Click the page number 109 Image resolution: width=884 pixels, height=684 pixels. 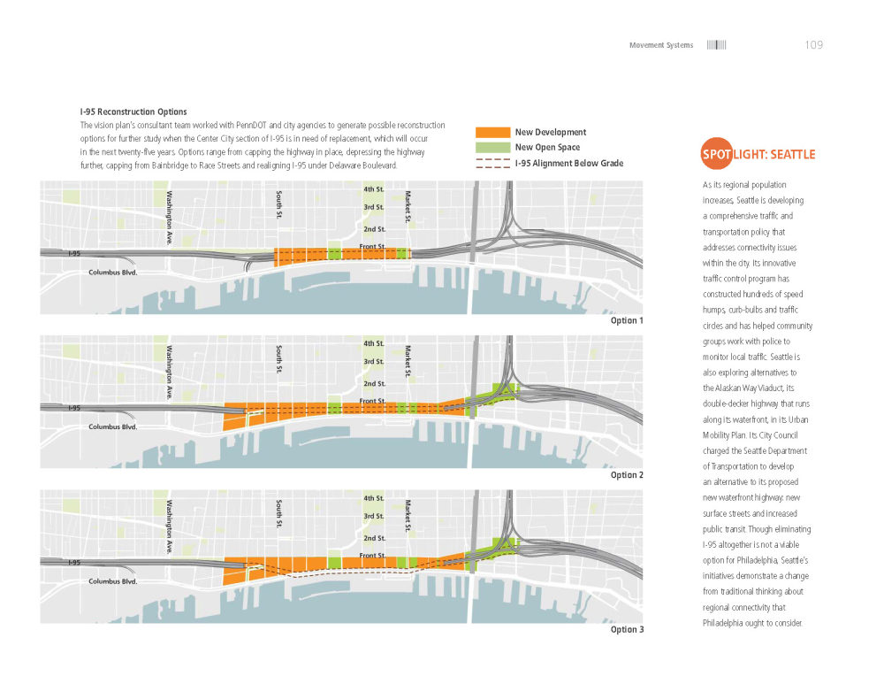point(814,45)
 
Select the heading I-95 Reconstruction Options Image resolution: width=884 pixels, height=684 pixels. point(133,112)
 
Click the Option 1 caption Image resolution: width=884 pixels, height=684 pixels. point(627,320)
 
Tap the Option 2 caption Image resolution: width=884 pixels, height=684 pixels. point(627,475)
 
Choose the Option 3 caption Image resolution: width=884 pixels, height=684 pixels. point(627,629)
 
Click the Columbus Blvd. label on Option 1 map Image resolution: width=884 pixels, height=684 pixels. point(113,273)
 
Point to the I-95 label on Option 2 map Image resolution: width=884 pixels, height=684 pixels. point(75,408)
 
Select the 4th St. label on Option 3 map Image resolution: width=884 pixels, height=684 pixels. point(373,498)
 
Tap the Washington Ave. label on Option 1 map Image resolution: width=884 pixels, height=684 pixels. point(168,219)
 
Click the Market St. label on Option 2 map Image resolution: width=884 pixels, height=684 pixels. point(408,361)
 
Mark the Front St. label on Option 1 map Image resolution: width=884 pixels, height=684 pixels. point(372,247)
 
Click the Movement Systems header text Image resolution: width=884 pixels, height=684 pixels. point(661,45)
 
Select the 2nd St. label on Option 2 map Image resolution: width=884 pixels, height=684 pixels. point(374,384)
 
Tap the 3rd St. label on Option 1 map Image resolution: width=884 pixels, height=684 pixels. point(373,207)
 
